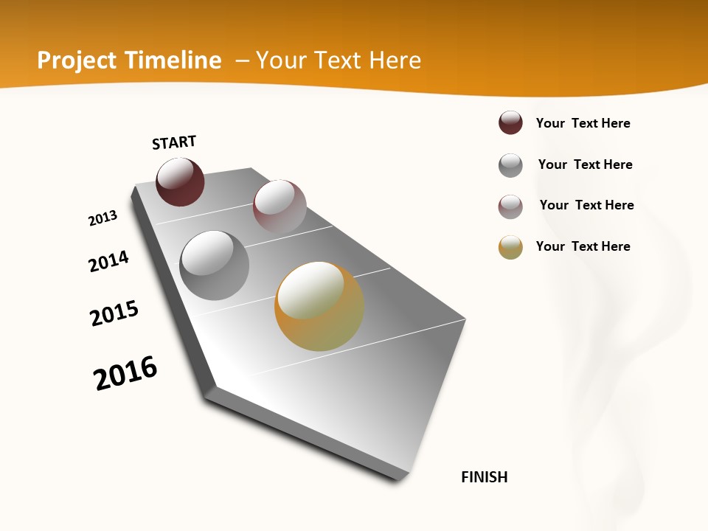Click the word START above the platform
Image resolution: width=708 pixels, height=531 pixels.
[174, 142]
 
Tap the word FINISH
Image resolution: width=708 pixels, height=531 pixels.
[485, 477]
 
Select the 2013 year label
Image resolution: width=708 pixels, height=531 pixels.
[103, 218]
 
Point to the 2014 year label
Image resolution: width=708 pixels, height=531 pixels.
[108, 261]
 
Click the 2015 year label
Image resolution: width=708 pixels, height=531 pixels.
[114, 313]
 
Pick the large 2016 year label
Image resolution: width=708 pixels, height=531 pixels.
[125, 373]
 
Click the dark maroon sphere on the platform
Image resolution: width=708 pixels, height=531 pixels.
[180, 181]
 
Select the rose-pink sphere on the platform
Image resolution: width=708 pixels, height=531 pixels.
[280, 206]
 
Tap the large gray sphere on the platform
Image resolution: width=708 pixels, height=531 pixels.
[215, 265]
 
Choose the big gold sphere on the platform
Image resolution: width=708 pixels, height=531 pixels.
[319, 306]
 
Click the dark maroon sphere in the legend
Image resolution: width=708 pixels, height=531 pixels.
[510, 122]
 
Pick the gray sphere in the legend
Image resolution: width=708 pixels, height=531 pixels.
[510, 165]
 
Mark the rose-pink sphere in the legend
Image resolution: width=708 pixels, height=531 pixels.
[510, 206]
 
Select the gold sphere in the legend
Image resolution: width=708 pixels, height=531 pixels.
[510, 247]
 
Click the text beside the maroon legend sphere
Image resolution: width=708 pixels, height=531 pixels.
[583, 123]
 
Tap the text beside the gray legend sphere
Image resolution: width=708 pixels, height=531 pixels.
[585, 164]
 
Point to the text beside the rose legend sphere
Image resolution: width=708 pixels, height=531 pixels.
[586, 205]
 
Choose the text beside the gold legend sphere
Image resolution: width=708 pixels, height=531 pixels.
[583, 246]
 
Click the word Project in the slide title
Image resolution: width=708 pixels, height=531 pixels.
[77, 60]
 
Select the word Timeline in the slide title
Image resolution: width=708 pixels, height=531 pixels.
[173, 60]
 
